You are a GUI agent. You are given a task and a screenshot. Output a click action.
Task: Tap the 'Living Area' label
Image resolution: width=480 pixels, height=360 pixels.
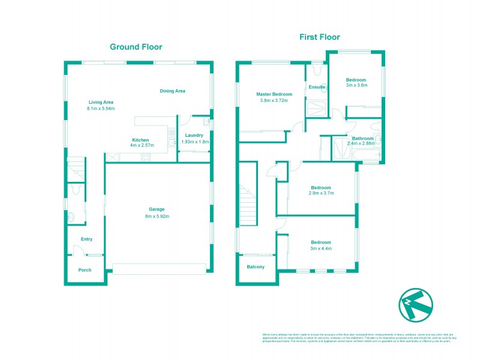[x=101, y=102]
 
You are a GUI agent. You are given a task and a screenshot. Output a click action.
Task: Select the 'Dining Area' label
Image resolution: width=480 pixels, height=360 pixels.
[x=172, y=91]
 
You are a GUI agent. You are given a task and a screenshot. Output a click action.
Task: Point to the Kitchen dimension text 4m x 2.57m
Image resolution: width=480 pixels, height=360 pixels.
[x=140, y=146]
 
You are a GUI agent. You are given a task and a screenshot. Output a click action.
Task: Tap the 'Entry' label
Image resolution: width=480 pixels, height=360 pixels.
[x=87, y=239]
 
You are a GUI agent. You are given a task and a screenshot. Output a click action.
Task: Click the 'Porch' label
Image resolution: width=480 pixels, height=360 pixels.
[x=85, y=270]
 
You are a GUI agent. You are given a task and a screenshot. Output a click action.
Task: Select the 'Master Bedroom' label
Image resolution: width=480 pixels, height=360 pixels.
[x=274, y=94]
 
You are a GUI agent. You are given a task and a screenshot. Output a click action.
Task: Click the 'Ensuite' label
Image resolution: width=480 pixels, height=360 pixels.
[x=316, y=87]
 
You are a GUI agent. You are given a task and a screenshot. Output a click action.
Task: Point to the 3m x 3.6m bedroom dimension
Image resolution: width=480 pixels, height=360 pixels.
[x=356, y=86]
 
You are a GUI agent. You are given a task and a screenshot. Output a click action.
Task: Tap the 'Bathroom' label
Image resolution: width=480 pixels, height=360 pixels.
[x=363, y=139]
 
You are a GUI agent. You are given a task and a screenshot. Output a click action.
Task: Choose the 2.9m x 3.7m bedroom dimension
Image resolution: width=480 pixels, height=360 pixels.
[x=320, y=193]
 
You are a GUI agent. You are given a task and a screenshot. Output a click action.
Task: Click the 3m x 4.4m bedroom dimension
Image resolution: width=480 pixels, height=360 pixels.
[x=320, y=248]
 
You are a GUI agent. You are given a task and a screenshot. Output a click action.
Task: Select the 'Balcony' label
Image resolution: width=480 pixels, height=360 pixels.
[x=256, y=266]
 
